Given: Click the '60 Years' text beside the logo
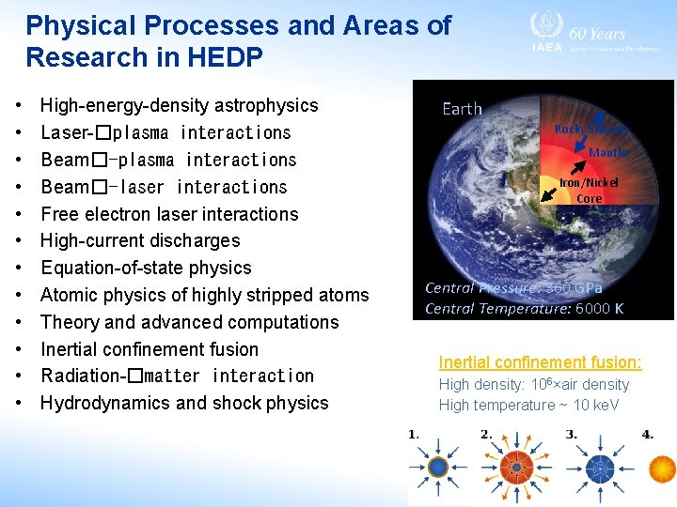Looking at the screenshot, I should coord(598,32).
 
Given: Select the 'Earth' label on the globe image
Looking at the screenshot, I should coord(462,109).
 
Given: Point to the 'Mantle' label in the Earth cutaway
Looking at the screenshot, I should coord(607,152).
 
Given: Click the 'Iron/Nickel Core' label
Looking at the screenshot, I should coord(589,191).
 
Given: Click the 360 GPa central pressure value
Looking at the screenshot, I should coord(575,288).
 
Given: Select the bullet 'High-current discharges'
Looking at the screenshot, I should coord(140,240).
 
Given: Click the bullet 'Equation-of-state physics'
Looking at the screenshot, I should coord(146,268).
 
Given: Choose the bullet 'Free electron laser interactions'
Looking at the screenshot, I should coord(169,213).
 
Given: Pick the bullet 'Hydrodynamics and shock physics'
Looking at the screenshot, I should coord(184,403).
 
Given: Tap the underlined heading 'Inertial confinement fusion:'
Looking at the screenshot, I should coord(540,362).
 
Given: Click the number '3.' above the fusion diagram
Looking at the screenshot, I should coord(571,435).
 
